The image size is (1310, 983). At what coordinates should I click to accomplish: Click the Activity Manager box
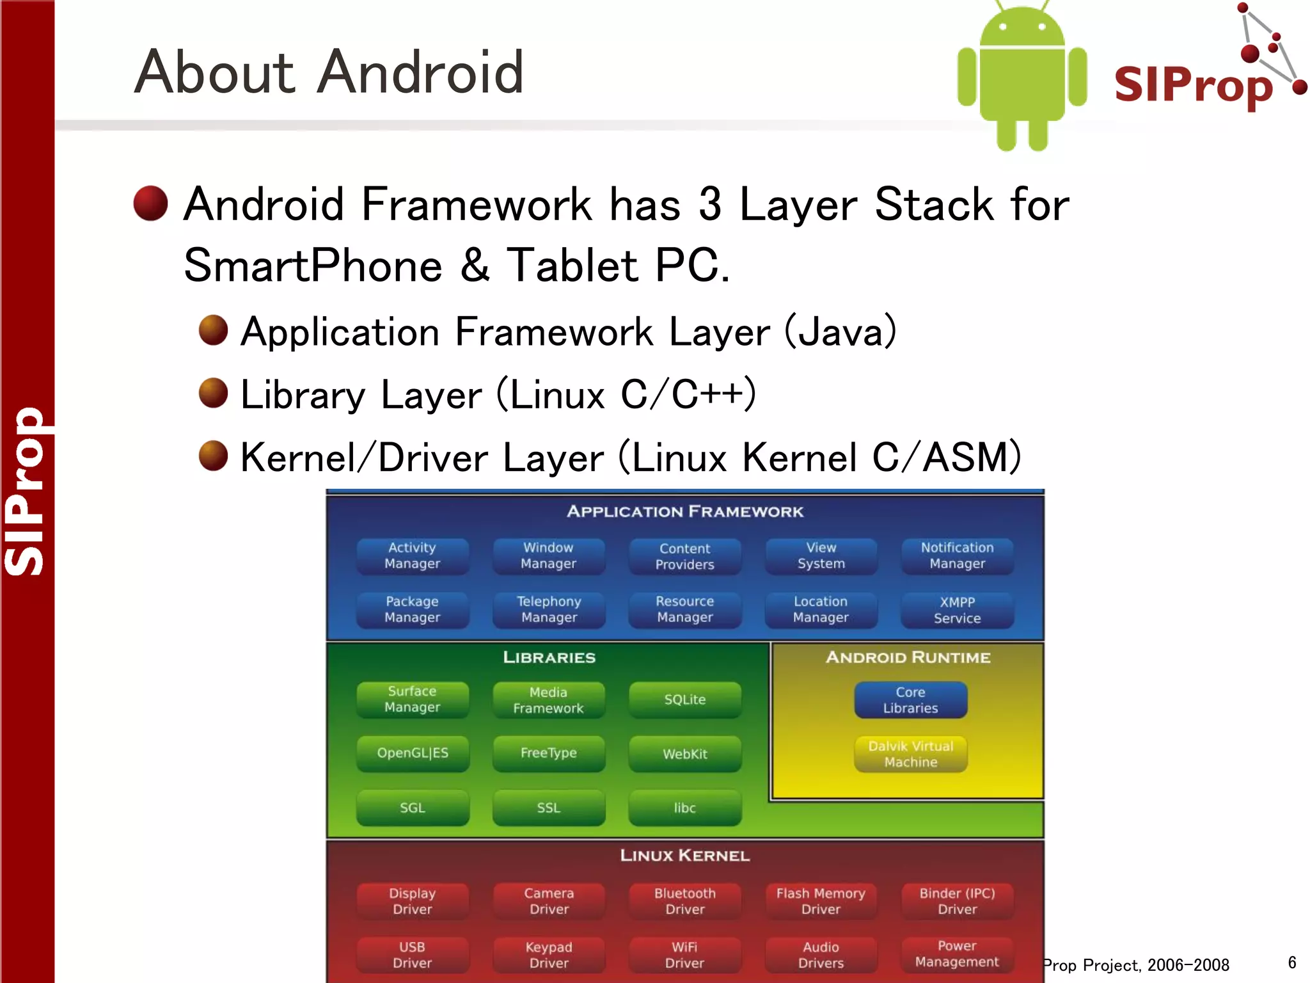pos(413,555)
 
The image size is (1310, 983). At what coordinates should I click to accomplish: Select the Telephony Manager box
pos(549,609)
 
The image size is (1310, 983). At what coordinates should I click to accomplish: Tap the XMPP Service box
pos(957,610)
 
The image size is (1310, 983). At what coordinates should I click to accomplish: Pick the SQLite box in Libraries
pos(684,699)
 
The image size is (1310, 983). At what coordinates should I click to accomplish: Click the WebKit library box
pos(684,754)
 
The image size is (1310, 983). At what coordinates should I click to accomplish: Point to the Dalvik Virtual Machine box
pos(910,754)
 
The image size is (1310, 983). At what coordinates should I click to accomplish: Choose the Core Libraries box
pos(910,699)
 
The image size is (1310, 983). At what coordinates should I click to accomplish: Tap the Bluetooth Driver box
pos(684,901)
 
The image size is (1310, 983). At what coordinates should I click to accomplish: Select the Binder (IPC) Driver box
pos(957,901)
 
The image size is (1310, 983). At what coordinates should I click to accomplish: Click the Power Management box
pos(957,954)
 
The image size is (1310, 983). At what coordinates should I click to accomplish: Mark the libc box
pos(684,808)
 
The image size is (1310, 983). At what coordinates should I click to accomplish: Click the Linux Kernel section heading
pos(684,856)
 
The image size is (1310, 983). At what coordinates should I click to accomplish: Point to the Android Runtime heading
pos(908,657)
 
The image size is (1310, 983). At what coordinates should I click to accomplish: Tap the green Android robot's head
pos(1022,29)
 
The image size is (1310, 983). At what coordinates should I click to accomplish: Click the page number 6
pos(1291,963)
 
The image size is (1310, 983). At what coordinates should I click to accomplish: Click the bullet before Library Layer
pos(213,392)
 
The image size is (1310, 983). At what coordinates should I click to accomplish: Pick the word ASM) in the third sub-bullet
pos(972,458)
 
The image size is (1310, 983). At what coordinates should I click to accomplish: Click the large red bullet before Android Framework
pos(151,204)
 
